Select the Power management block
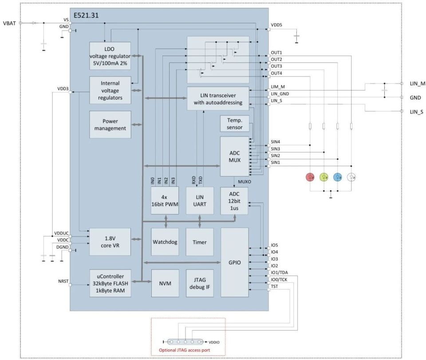110,125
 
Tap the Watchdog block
165,242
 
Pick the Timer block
200,242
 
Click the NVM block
165,283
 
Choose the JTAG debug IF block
200,283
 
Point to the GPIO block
234,262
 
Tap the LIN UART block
200,200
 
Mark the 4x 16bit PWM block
165,200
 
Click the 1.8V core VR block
110,242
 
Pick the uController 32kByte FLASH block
110,283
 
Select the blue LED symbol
338,177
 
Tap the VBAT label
9,23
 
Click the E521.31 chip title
86,15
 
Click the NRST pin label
63,281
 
